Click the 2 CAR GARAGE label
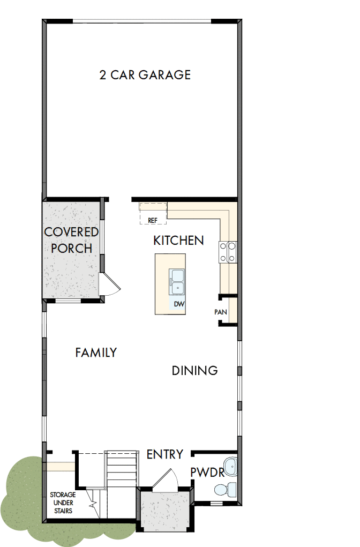(x=145, y=74)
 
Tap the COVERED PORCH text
(x=71, y=240)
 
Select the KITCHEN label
(x=178, y=241)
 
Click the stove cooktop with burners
(x=228, y=252)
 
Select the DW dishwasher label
(x=178, y=304)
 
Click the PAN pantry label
(x=220, y=311)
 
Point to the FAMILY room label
(x=96, y=353)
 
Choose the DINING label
(x=194, y=370)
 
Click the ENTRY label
(x=165, y=454)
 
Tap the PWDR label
(x=207, y=473)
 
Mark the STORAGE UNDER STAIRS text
(x=63, y=503)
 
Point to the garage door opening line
(x=142, y=21)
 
